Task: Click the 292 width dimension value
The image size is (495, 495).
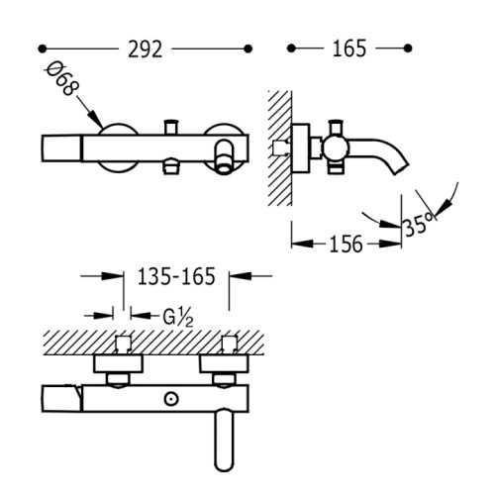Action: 146,49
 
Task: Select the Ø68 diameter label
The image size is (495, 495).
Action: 62,79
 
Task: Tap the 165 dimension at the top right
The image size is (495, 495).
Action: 349,49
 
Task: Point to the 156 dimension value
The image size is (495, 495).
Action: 346,245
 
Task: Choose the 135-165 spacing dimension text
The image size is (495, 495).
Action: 176,276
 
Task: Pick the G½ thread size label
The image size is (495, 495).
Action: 178,318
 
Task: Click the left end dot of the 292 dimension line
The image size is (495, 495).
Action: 42,49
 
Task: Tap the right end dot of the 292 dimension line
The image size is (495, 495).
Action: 248,49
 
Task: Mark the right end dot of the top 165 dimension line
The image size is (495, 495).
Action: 408,49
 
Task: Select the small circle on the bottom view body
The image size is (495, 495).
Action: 171,399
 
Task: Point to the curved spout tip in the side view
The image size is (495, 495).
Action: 402,168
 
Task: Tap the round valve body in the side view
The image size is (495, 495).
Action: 335,148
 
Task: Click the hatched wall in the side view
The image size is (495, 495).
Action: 280,148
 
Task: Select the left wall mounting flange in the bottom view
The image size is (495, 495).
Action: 118,364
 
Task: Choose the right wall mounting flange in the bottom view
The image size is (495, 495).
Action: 224,364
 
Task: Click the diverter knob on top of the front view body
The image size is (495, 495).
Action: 171,127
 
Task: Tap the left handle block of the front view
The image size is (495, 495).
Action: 61,148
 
